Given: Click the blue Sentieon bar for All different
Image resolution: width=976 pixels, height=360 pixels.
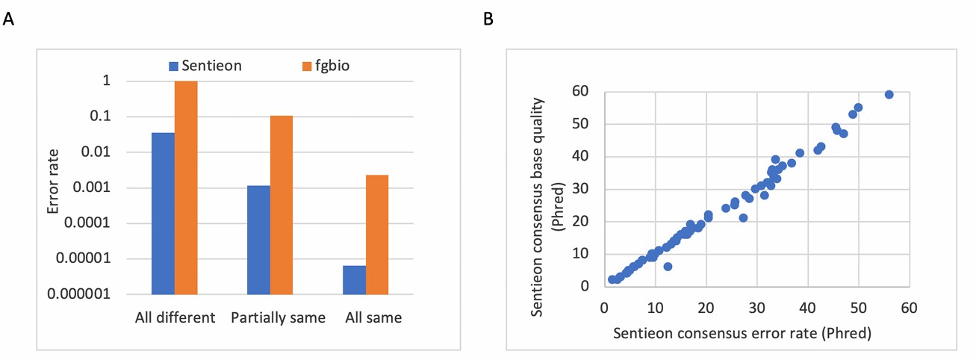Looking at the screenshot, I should coord(163,213).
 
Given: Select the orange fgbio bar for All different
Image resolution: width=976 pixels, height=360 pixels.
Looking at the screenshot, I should coord(186,187).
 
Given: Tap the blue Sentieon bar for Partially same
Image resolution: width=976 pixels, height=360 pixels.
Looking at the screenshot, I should coord(258,239).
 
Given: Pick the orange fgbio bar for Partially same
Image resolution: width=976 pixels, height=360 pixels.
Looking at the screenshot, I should coord(282,205).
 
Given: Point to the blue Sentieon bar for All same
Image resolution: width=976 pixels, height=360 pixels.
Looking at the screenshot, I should coord(354,279).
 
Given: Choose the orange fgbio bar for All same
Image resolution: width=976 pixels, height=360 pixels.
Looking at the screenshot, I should coord(377,234).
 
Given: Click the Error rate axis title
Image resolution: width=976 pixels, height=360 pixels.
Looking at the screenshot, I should coord(53,187).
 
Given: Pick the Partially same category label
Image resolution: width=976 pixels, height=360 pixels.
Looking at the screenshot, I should coord(278,317).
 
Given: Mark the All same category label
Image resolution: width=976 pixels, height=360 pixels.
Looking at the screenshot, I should coord(373,317).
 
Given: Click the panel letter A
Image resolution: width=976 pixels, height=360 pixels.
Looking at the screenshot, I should coord(9,19).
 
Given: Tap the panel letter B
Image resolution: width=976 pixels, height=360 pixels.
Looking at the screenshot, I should coord(488,19).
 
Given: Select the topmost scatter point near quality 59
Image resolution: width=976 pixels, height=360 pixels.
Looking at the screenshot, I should coord(889,94).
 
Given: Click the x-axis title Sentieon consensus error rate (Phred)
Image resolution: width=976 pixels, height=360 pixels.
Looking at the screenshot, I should coord(742,333).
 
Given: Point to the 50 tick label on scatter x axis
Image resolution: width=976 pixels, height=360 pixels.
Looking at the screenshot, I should coord(858,306).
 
